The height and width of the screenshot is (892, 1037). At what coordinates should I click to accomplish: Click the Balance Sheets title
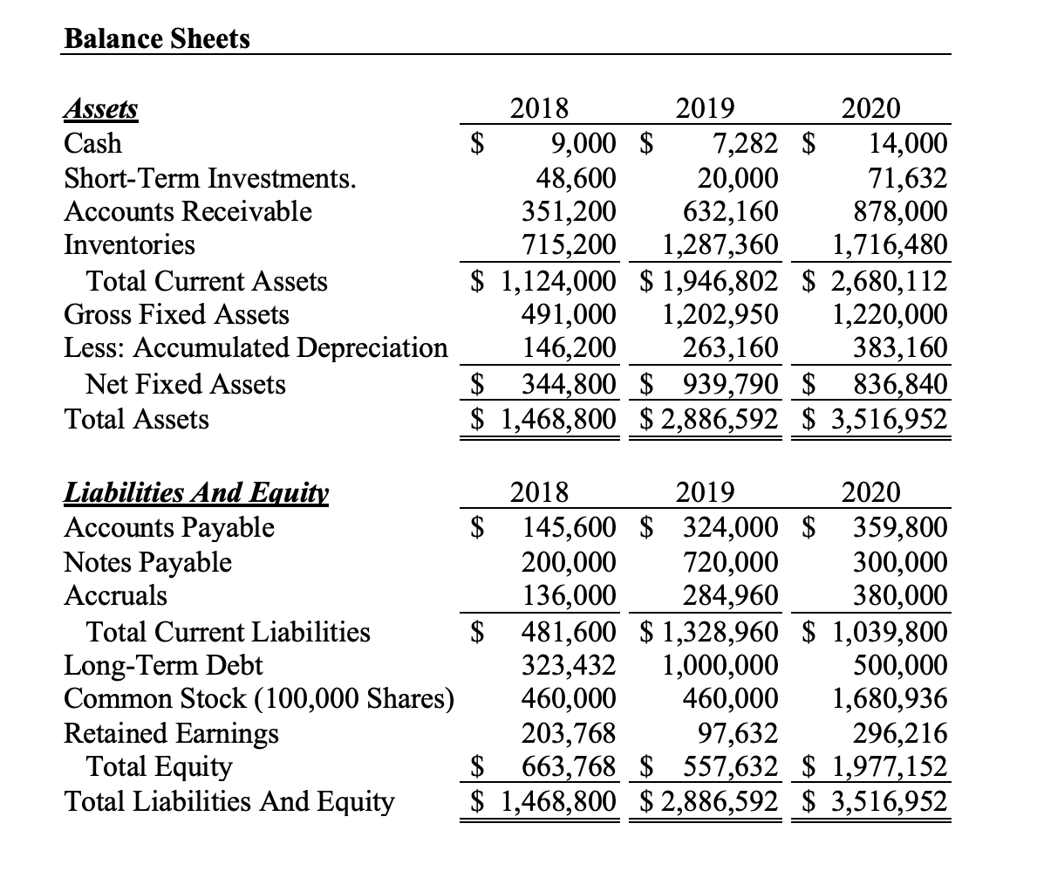(x=157, y=39)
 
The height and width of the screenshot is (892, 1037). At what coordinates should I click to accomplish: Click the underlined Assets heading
(x=101, y=109)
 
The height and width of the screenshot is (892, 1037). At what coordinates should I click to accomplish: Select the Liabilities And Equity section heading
(x=196, y=493)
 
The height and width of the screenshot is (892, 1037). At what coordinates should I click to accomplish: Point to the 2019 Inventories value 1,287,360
(x=719, y=244)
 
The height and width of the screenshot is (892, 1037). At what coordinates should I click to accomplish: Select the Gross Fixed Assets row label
(x=177, y=314)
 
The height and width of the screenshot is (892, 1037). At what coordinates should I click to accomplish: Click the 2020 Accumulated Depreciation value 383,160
(x=901, y=347)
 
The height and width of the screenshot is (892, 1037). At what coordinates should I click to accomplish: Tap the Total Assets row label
(x=137, y=420)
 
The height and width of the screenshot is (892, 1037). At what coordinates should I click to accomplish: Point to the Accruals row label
(x=116, y=595)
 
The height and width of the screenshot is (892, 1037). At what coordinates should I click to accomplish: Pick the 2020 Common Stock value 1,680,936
(x=890, y=699)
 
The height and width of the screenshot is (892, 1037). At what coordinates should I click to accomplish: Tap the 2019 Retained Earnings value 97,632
(x=735, y=733)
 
